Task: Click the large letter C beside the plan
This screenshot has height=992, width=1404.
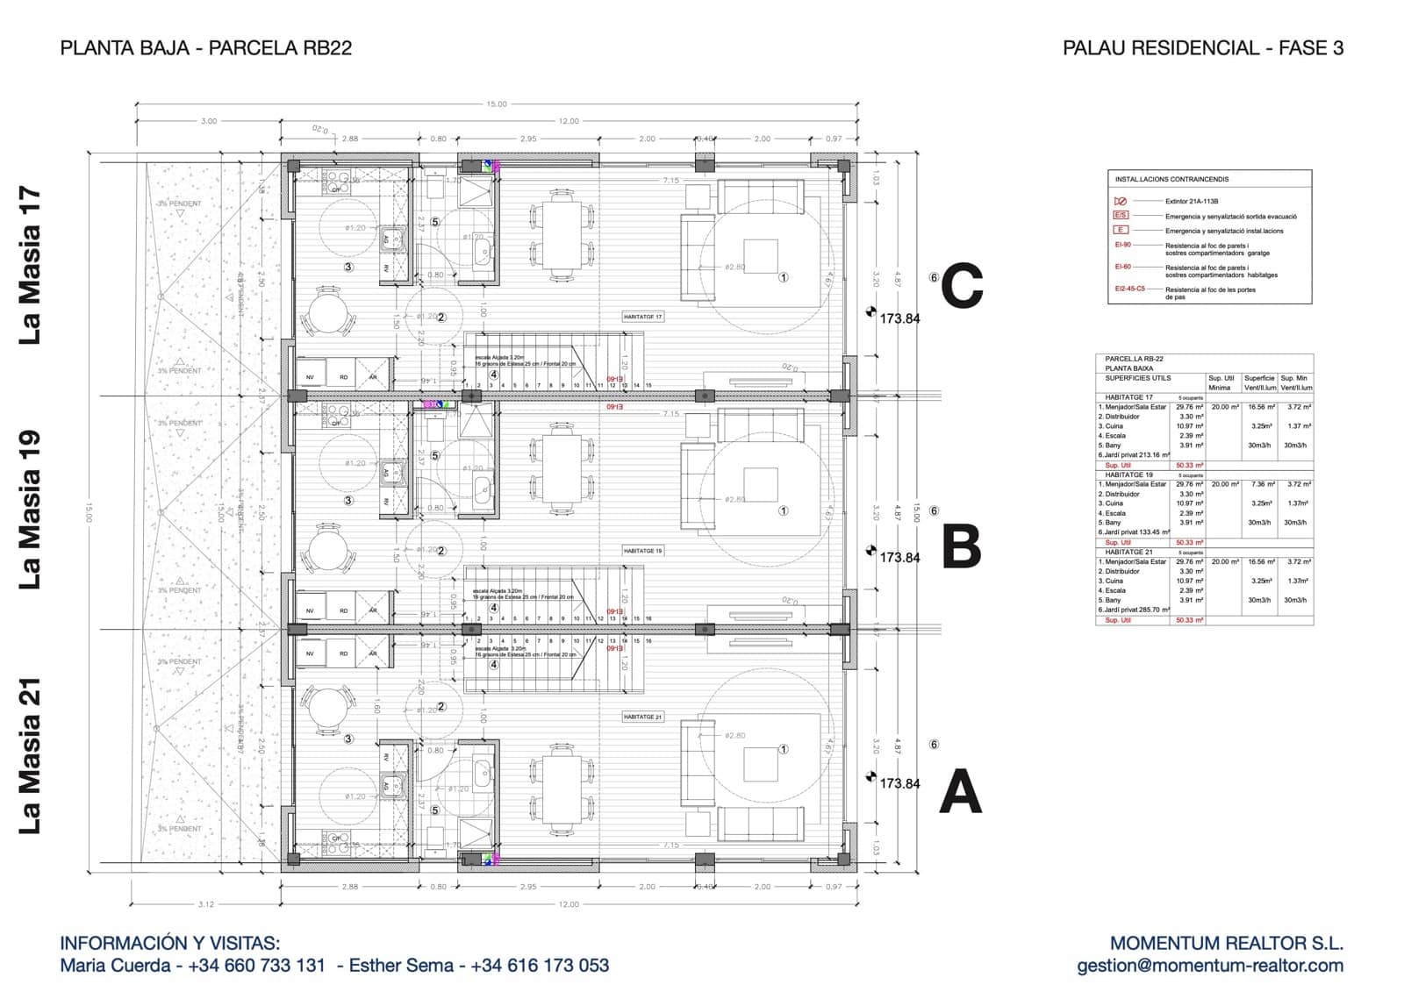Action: click(x=962, y=288)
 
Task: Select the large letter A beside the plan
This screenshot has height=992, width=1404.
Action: click(x=960, y=792)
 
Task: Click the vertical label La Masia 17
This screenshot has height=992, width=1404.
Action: click(x=31, y=266)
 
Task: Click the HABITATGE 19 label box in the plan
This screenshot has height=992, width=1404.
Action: click(x=643, y=551)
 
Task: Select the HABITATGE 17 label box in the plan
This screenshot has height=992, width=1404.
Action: click(x=643, y=317)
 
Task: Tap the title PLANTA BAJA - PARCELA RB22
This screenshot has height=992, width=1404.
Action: click(x=206, y=48)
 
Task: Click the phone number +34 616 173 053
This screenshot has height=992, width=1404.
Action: click(x=540, y=966)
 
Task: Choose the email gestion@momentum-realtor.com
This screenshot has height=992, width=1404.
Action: click(x=1210, y=966)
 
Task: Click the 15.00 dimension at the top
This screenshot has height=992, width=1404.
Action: click(x=497, y=104)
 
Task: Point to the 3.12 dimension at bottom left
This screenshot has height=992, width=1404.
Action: click(x=206, y=904)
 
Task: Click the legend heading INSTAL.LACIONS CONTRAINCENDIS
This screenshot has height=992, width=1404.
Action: click(x=1171, y=180)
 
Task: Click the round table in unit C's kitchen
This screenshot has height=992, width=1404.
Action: click(x=327, y=311)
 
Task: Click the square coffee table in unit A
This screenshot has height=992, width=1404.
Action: click(x=760, y=764)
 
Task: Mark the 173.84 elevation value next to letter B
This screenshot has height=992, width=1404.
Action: click(x=899, y=558)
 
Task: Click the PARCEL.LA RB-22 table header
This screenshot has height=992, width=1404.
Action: click(x=1134, y=359)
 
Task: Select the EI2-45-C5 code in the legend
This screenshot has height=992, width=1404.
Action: click(x=1129, y=289)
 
